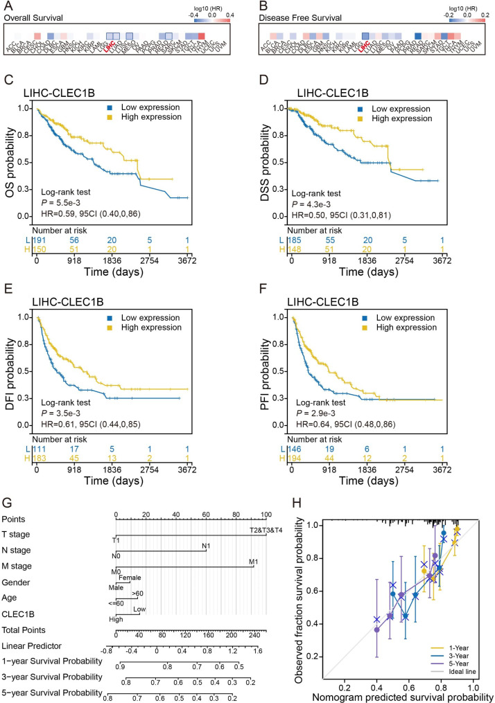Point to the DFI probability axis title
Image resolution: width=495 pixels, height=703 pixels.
(11, 375)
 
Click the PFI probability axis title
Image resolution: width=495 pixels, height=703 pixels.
(266, 375)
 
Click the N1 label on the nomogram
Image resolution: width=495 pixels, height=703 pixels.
(205, 547)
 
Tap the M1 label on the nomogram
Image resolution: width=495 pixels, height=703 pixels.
(252, 564)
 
